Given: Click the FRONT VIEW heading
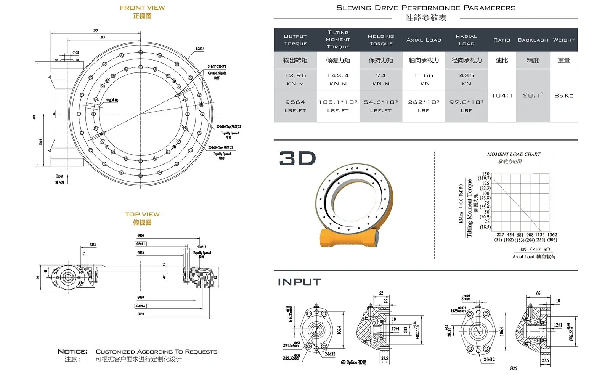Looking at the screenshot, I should (x=142, y=8).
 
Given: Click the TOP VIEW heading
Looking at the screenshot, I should (x=142, y=214).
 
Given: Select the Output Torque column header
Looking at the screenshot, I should (x=295, y=40).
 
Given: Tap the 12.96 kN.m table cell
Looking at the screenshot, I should (x=295, y=79).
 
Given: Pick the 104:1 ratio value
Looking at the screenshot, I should (x=502, y=96).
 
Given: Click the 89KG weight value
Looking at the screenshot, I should (x=564, y=96).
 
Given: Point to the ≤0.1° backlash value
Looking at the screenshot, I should (x=533, y=96).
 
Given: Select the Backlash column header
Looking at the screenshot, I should (x=533, y=40).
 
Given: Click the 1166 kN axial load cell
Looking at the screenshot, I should (x=424, y=79).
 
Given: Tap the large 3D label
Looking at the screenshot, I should (x=297, y=158).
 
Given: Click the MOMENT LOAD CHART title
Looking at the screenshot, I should (x=514, y=154).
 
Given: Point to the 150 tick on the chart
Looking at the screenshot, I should (x=485, y=174).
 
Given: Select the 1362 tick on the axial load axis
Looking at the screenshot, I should (x=552, y=235).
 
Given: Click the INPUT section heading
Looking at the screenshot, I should (x=299, y=282).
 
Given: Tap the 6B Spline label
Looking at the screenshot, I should (x=353, y=362).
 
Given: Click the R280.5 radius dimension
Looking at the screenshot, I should (x=200, y=49).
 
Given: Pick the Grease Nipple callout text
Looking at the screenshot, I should (x=217, y=73).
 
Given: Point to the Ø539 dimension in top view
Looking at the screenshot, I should (x=141, y=314).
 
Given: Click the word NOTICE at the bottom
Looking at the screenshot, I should (x=72, y=351).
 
